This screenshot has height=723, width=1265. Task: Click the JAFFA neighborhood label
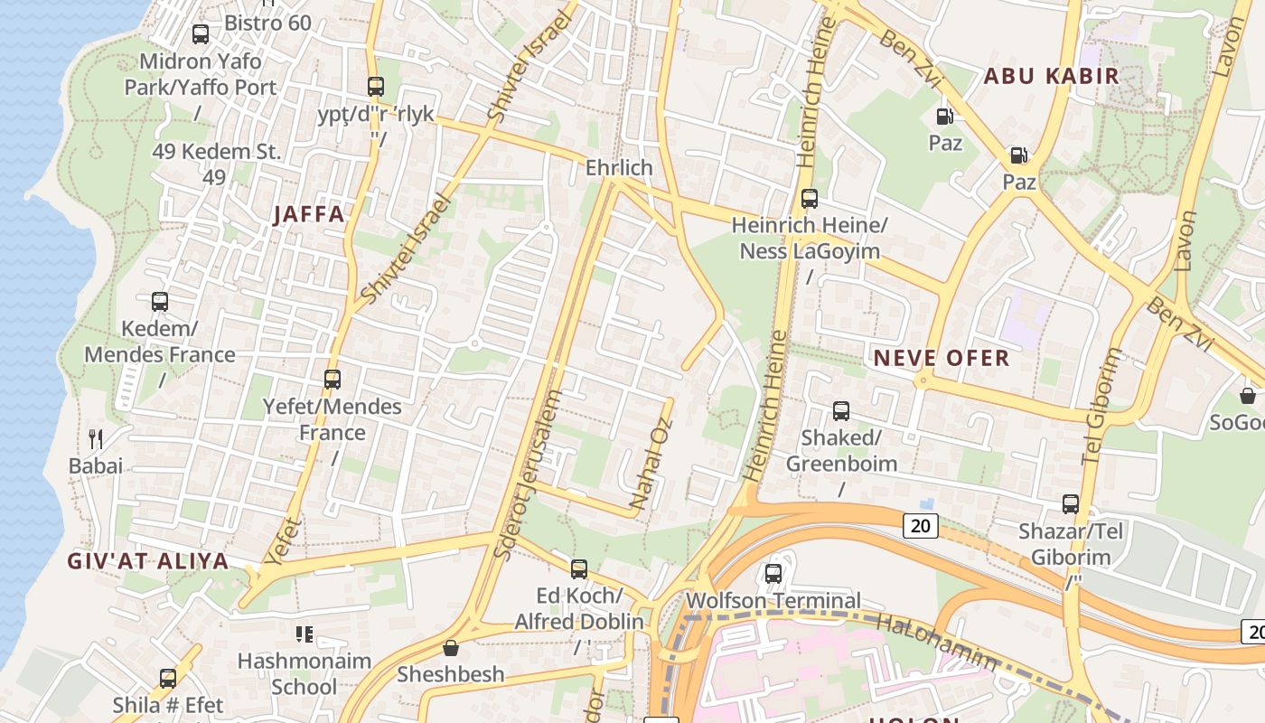pyautogui.click(x=309, y=214)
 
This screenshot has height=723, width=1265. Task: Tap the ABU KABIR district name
pyautogui.click(x=1051, y=76)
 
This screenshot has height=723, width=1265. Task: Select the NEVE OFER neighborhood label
pyautogui.click(x=941, y=358)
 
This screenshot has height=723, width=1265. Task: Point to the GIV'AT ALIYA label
pyautogui.click(x=148, y=560)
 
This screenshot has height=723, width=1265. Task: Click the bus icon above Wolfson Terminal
pyautogui.click(x=773, y=574)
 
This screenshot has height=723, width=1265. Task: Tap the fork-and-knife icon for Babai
pyautogui.click(x=96, y=439)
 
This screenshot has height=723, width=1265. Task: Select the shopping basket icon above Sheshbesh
pyautogui.click(x=451, y=648)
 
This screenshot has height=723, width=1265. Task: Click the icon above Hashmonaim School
pyautogui.click(x=305, y=634)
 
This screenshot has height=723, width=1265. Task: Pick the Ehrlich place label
pyautogui.click(x=619, y=167)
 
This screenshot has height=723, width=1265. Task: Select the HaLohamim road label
pyautogui.click(x=936, y=643)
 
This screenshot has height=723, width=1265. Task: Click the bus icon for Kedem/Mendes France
pyautogui.click(x=160, y=302)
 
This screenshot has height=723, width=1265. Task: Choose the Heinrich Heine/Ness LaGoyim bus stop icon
pyautogui.click(x=810, y=199)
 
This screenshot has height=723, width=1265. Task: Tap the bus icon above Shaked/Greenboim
pyautogui.click(x=841, y=411)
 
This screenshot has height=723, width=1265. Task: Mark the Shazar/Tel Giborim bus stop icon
pyautogui.click(x=1071, y=504)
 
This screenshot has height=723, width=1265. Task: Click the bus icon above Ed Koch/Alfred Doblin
pyautogui.click(x=579, y=569)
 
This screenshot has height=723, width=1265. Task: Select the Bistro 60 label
pyautogui.click(x=267, y=23)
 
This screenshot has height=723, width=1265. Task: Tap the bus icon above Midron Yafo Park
pyautogui.click(x=201, y=34)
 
